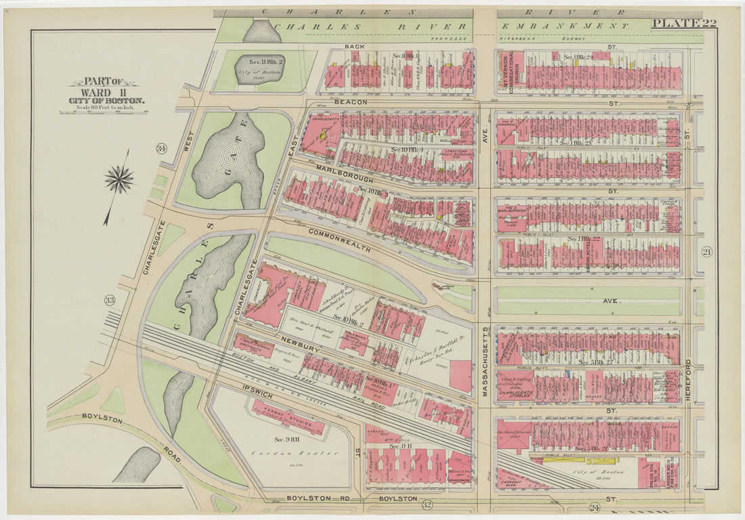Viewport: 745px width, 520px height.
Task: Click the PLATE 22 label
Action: [684, 24]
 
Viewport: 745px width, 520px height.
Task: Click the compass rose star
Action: [119, 179]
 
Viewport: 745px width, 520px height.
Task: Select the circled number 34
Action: [161, 148]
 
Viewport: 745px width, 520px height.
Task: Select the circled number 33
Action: [110, 300]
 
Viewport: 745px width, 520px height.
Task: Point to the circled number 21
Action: [707, 252]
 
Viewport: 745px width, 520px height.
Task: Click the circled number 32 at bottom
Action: [427, 504]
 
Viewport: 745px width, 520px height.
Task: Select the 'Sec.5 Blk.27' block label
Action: [596, 364]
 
